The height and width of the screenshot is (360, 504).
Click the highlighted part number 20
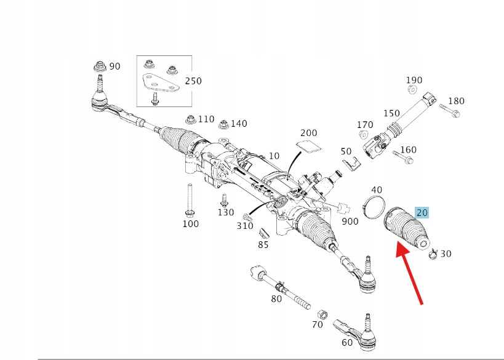click(x=422, y=213)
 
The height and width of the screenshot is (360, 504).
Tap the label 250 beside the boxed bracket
click(x=193, y=81)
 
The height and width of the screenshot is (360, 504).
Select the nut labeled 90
click(x=100, y=66)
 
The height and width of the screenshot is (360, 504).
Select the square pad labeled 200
click(x=310, y=146)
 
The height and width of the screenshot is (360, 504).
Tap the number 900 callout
click(x=350, y=221)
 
